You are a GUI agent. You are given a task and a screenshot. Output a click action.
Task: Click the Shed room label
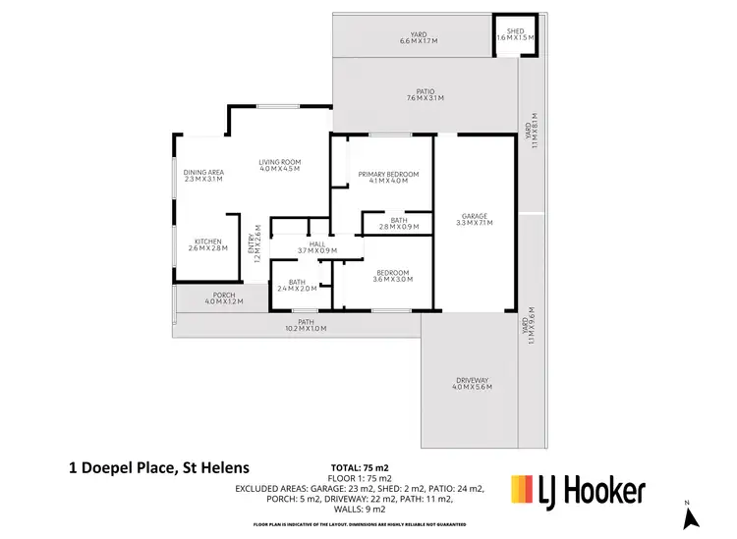[x=514, y=29]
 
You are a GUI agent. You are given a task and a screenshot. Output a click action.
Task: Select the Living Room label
[x=279, y=162]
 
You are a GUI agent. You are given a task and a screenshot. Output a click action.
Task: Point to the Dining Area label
[x=203, y=172]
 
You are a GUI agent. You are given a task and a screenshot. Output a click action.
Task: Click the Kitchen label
[x=207, y=242]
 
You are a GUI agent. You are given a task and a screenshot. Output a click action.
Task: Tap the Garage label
[x=475, y=216]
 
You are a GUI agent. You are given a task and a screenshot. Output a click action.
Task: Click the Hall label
[x=316, y=243]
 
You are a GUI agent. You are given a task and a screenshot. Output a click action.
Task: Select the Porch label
[x=223, y=295]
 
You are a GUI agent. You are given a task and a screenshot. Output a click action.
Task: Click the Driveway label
[x=472, y=380]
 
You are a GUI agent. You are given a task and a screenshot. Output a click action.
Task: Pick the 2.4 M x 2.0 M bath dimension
[x=297, y=290]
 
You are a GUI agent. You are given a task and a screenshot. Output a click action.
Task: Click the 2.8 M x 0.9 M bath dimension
[x=398, y=227]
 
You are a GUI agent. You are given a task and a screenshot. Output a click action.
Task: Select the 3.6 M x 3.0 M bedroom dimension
[x=391, y=280]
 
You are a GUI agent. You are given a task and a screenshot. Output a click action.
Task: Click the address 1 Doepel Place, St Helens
[x=158, y=467]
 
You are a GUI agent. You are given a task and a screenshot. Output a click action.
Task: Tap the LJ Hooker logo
[x=578, y=488]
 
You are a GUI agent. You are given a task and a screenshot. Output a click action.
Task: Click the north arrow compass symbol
[x=690, y=514]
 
